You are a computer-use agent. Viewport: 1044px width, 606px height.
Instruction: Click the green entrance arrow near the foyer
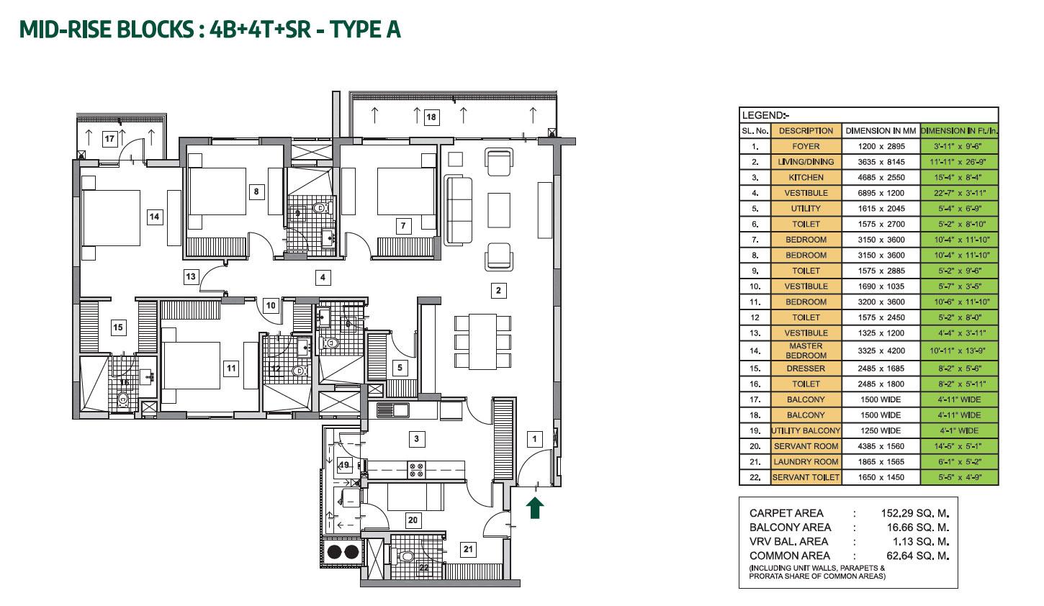(536, 508)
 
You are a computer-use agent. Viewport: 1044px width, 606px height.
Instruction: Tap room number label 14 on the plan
(154, 216)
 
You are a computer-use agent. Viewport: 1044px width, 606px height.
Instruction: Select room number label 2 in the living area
(498, 291)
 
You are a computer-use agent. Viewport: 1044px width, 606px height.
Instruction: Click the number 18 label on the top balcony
(431, 117)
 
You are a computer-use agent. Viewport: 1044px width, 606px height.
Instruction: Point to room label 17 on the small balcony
(109, 139)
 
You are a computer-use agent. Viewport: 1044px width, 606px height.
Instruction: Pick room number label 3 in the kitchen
(415, 438)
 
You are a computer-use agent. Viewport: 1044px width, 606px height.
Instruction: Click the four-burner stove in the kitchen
(416, 469)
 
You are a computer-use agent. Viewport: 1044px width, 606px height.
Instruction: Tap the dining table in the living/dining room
(482, 340)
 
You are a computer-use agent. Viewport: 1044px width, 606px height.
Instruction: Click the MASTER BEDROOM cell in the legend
(806, 351)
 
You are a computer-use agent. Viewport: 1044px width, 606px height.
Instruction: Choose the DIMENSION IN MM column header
(881, 131)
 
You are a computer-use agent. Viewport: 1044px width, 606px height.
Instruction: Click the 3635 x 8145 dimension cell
(881, 162)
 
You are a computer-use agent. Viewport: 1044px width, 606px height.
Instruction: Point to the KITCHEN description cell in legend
(806, 177)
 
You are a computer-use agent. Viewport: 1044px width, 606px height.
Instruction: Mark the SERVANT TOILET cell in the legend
(806, 478)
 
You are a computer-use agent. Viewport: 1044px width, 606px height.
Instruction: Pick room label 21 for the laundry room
(469, 550)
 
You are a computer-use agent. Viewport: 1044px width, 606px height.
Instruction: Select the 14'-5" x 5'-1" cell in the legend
(959, 446)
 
